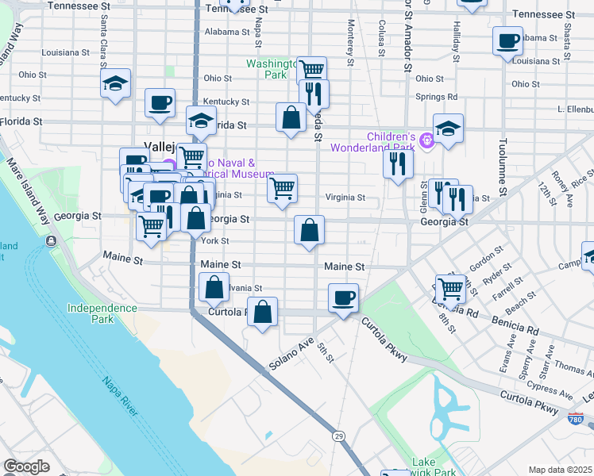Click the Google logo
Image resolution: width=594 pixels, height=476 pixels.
(x=26, y=466)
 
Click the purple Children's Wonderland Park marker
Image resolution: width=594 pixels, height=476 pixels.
(x=426, y=141)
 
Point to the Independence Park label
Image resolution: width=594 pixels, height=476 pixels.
(x=102, y=313)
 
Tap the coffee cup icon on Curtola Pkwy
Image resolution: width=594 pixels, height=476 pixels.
(x=343, y=298)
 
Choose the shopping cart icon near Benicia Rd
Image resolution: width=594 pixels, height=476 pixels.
(x=450, y=289)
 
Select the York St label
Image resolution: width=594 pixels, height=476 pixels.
(x=215, y=241)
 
